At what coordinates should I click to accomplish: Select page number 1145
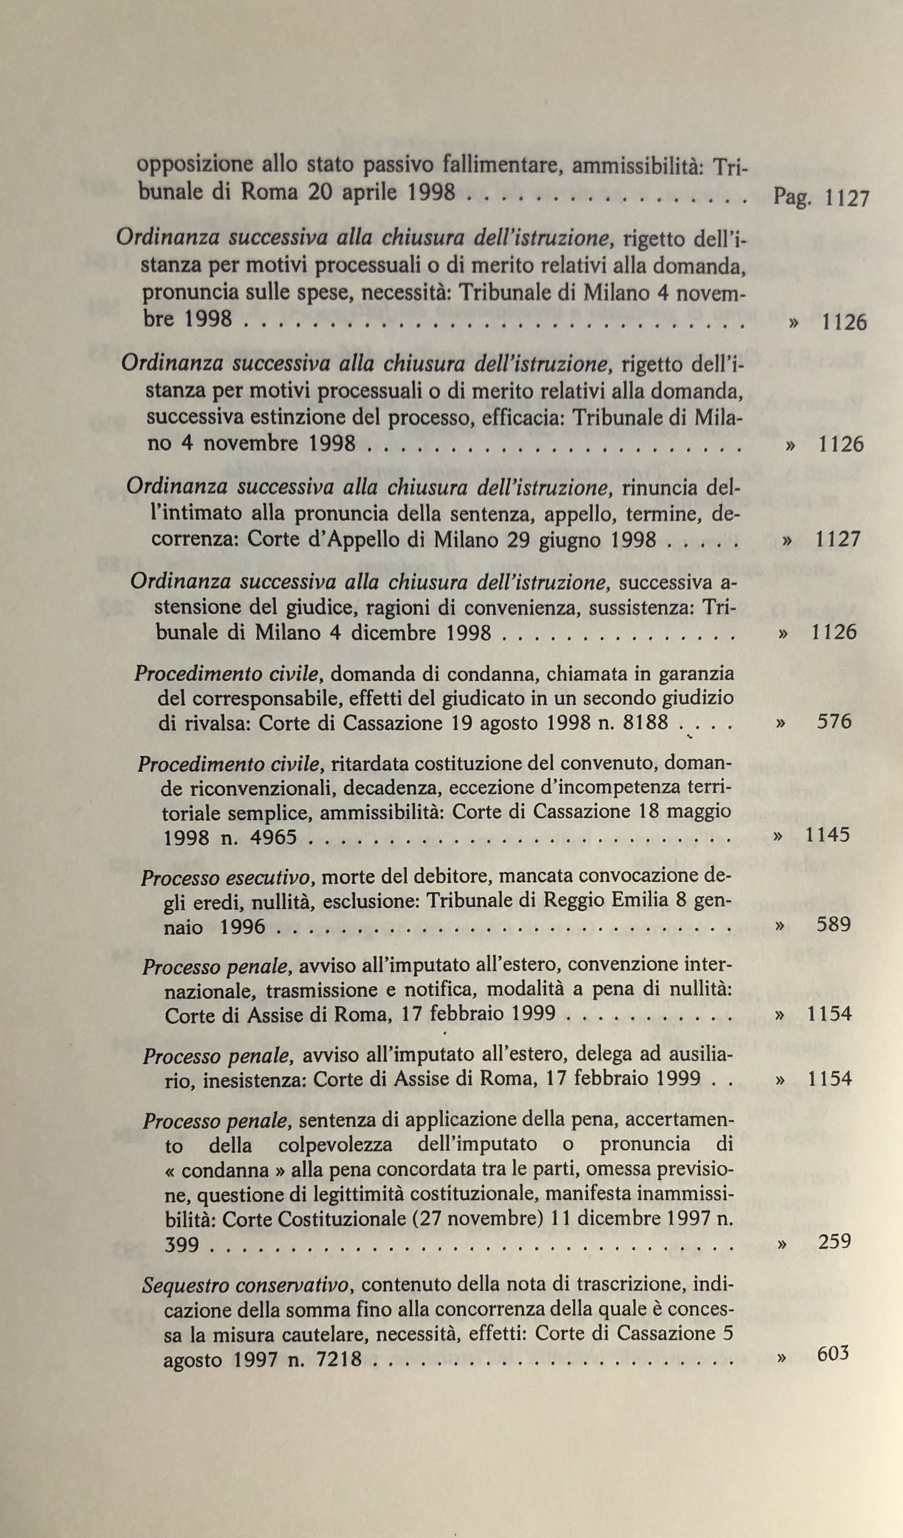click(827, 834)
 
